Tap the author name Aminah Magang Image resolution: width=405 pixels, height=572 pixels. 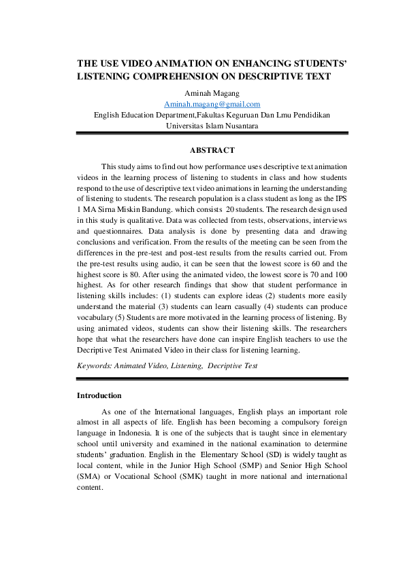212,93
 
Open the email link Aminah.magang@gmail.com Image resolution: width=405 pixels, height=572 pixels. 212,104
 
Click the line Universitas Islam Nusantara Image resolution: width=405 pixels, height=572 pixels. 212,126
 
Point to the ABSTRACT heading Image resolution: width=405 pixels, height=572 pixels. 212,150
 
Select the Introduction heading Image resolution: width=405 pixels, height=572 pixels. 99,395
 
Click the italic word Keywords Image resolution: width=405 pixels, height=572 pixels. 93,365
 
